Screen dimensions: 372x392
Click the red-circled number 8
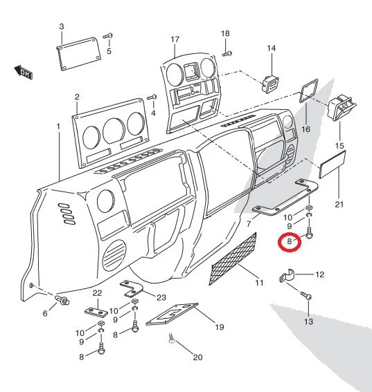(x=290, y=241)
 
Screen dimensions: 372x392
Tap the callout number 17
(x=175, y=39)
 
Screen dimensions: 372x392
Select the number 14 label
(x=272, y=48)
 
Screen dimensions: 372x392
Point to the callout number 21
(x=339, y=205)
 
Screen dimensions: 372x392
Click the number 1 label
(x=58, y=127)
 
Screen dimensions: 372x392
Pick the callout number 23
(x=161, y=297)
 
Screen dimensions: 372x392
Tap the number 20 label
(x=197, y=357)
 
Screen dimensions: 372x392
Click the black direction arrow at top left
(x=23, y=72)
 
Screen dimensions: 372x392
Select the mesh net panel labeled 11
(x=233, y=259)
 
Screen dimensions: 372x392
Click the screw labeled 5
(x=108, y=36)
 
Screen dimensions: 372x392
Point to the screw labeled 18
(x=227, y=53)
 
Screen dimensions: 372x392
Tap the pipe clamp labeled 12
(x=287, y=275)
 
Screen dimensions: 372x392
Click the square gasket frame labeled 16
(x=309, y=91)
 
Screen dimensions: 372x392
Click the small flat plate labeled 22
(x=96, y=312)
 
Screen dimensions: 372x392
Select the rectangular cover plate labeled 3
(x=79, y=54)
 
